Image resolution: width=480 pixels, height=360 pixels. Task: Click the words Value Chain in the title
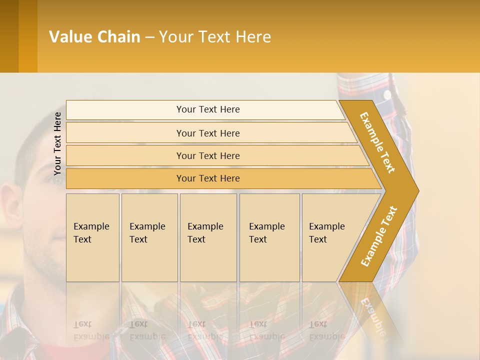pyautogui.click(x=94, y=37)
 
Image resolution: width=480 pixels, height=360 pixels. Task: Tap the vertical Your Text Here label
pyautogui.click(x=57, y=143)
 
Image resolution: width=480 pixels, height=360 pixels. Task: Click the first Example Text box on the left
pyautogui.click(x=92, y=237)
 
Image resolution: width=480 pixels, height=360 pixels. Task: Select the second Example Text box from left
pyautogui.click(x=149, y=237)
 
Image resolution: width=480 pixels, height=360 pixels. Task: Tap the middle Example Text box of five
pyautogui.click(x=208, y=237)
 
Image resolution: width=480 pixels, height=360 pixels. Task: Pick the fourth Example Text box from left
pyautogui.click(x=269, y=237)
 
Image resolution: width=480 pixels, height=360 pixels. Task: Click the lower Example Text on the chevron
pyautogui.click(x=379, y=236)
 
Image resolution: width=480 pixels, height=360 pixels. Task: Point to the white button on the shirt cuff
pyautogui.click(x=387, y=94)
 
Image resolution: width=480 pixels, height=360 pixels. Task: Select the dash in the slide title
pyautogui.click(x=149, y=37)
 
